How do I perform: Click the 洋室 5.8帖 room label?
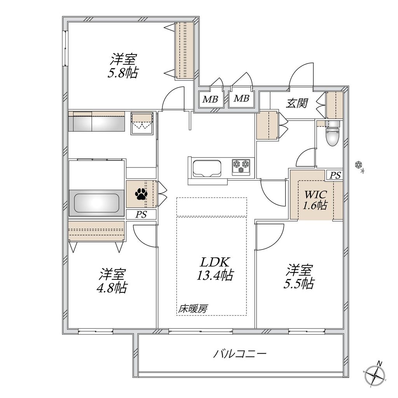(123, 66)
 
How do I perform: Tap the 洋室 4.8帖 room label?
(112, 281)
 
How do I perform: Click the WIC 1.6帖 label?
(315, 200)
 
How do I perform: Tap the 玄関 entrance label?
(297, 103)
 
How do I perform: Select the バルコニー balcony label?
(240, 354)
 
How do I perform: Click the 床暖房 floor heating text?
(193, 309)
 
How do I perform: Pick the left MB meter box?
(210, 99)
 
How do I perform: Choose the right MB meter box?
(241, 99)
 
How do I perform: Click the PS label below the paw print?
(141, 215)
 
